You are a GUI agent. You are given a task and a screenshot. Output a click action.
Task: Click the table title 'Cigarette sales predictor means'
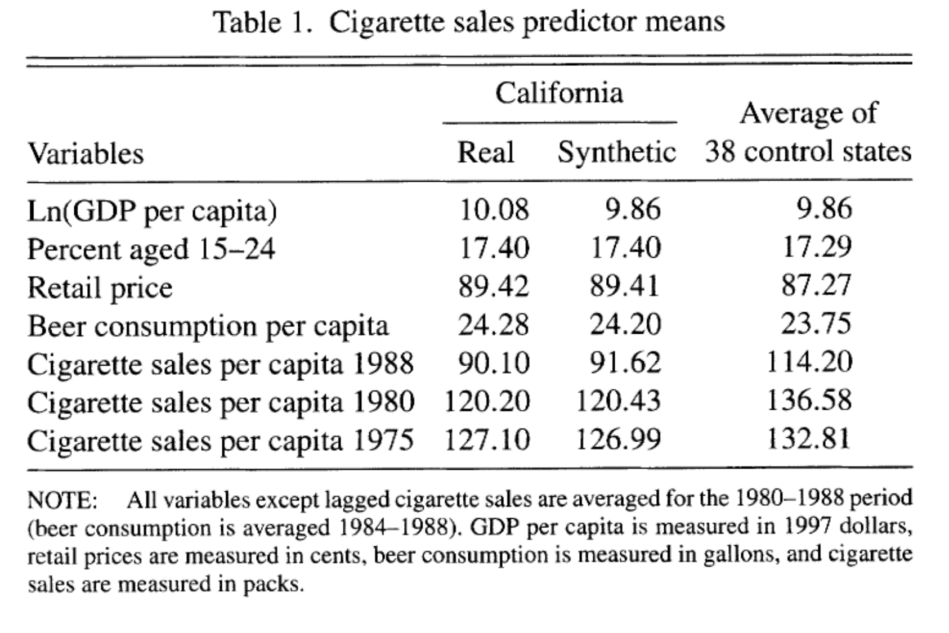526,23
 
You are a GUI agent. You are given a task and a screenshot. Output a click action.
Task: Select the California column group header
559,93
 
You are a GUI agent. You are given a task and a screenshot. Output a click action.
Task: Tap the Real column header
486,152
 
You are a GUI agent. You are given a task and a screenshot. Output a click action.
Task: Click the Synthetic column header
616,152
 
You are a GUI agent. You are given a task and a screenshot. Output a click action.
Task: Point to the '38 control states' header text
808,151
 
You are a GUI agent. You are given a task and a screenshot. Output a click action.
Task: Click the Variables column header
86,154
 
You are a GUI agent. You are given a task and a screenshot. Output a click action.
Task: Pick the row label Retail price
100,288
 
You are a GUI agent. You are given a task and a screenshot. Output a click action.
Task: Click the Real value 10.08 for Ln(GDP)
494,210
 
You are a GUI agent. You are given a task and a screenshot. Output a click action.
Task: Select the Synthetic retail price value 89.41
624,286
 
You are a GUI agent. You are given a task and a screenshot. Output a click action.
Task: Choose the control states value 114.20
809,362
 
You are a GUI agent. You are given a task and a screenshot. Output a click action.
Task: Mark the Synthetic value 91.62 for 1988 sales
625,363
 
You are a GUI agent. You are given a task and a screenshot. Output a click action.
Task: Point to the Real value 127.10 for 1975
487,439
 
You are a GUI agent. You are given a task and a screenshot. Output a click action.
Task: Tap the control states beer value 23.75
816,324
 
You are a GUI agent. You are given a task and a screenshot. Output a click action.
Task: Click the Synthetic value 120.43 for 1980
618,401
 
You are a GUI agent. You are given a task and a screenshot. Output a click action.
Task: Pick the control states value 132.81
809,439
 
